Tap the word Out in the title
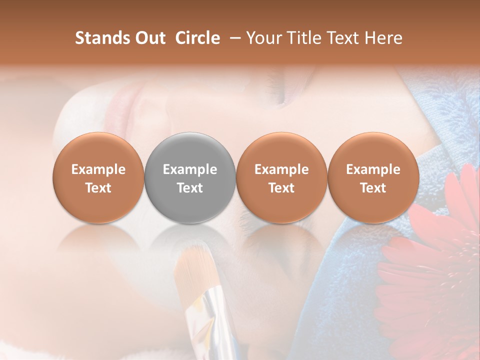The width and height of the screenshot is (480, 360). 148,38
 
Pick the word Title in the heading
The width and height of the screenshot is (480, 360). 303,38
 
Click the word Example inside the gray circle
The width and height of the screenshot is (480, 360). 190,169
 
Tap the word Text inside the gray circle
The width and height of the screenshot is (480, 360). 190,188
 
